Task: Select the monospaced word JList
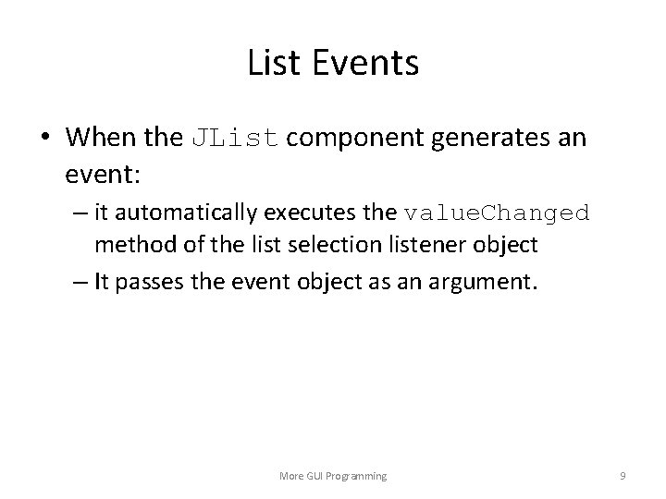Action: [x=235, y=139]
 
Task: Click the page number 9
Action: [x=623, y=475]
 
